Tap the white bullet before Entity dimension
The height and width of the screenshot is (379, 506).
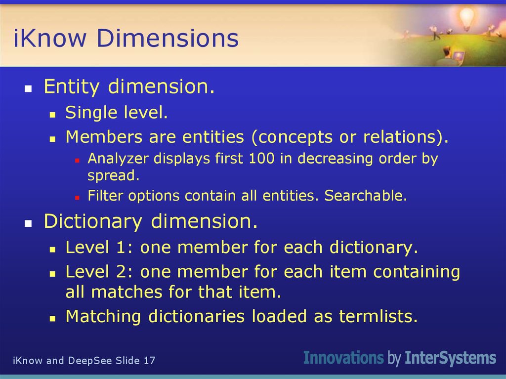28,89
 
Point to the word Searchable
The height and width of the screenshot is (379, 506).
365,196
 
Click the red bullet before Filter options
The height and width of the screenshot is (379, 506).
77,197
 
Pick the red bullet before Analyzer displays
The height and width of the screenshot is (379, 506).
77,160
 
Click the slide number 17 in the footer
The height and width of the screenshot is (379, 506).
149,361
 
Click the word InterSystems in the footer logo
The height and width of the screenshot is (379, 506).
450,358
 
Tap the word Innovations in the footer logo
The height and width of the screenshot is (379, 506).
343,358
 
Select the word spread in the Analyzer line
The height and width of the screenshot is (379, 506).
112,175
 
